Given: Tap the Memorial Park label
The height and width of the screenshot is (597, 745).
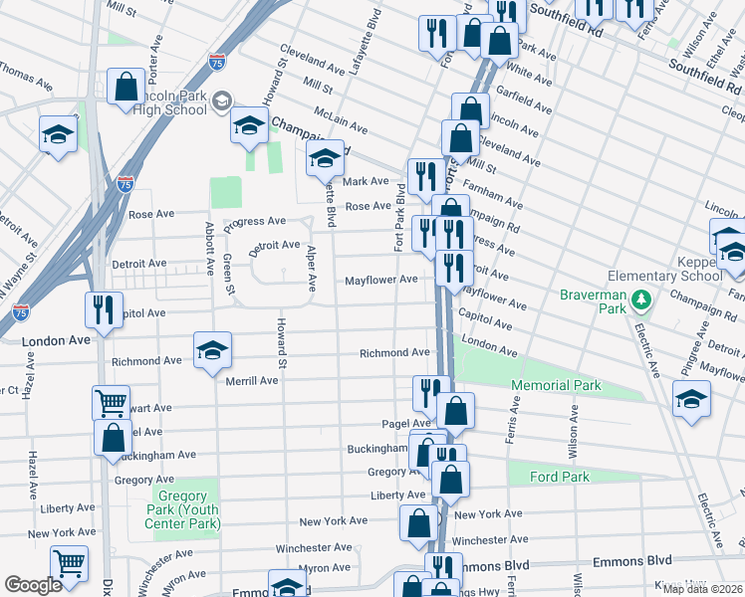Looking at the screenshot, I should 556,385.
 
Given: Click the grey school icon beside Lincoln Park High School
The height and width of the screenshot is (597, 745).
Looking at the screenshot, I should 221,100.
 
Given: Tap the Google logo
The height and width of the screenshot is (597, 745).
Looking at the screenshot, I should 34,584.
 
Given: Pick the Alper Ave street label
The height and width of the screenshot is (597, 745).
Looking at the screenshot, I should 311,269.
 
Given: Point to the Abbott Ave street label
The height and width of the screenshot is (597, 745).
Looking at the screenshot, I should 209,249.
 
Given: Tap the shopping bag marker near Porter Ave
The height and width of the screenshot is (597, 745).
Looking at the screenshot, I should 126,87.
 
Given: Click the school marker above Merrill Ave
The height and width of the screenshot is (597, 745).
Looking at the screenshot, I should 212,350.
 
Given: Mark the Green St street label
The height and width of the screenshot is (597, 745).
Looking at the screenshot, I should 228,275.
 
